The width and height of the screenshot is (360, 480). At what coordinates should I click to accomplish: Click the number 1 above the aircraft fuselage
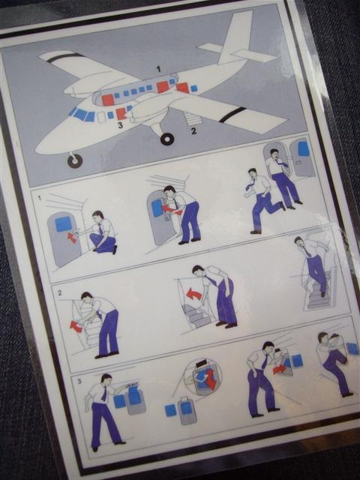click(158, 69)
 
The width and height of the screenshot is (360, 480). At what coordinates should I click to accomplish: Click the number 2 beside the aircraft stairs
click(193, 130)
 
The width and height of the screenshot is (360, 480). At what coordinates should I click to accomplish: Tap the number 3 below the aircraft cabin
click(120, 125)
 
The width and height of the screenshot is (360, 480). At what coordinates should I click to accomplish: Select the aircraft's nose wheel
click(75, 160)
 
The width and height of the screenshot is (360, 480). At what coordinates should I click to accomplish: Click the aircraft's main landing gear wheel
click(167, 139)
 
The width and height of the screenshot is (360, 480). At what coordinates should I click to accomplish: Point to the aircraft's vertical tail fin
click(237, 35)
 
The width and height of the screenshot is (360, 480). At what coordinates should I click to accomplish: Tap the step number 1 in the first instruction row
click(39, 198)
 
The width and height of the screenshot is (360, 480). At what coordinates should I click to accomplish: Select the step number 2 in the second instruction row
click(60, 293)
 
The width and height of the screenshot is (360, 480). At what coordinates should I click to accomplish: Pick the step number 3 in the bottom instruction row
click(79, 381)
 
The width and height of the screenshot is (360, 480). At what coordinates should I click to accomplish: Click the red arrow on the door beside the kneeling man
click(72, 238)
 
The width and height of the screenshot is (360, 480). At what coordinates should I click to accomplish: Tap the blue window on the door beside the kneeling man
click(63, 223)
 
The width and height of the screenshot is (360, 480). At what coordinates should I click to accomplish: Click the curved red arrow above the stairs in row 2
click(193, 295)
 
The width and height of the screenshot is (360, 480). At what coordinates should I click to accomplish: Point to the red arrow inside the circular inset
click(211, 378)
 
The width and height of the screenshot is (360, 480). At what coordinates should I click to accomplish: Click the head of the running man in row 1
click(253, 173)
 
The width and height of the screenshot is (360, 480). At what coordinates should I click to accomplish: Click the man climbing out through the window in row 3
click(333, 363)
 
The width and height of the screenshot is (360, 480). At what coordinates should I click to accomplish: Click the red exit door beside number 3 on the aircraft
click(121, 113)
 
